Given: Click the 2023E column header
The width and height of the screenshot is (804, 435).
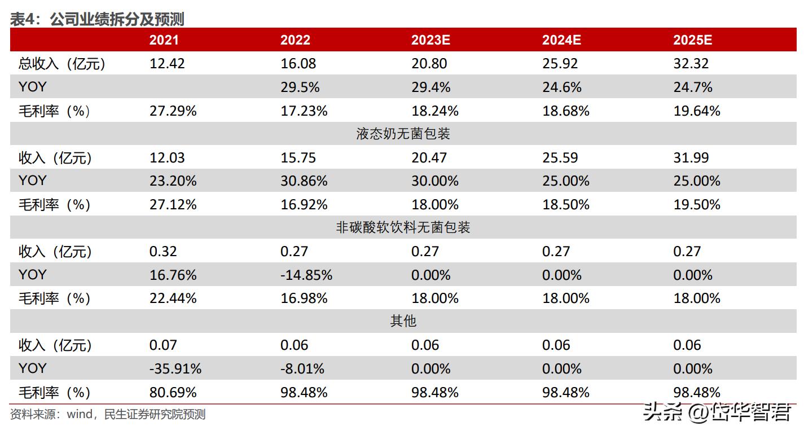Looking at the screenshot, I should (x=430, y=39).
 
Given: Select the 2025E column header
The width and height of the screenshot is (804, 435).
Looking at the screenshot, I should (x=692, y=39).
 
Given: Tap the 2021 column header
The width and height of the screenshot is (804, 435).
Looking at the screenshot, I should (x=164, y=39).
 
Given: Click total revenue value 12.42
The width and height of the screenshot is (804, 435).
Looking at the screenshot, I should (x=167, y=64).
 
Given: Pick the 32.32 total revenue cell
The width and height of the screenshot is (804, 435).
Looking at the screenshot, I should (x=691, y=64).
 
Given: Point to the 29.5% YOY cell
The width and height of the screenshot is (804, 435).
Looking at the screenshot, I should (x=300, y=87).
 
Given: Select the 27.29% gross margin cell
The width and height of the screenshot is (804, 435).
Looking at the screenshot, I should (x=173, y=111).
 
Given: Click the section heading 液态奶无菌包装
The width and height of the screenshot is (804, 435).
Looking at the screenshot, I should (x=403, y=134).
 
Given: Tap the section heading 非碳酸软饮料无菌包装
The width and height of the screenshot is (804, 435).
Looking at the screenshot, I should (x=403, y=227).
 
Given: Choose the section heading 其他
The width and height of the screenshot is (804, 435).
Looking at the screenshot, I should (x=403, y=321).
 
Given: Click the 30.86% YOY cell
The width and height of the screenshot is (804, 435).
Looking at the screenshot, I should (x=304, y=181).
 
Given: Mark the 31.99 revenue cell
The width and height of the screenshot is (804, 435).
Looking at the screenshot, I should (x=691, y=158).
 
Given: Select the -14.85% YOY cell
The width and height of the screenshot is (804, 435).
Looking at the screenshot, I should (x=306, y=275).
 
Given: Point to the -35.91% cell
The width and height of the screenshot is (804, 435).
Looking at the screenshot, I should (x=175, y=368).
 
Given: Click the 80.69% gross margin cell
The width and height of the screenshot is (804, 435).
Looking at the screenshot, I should (x=173, y=392).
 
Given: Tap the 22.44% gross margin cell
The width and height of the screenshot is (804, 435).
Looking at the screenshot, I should (x=173, y=298).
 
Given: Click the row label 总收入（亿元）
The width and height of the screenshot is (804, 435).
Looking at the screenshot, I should (x=62, y=64).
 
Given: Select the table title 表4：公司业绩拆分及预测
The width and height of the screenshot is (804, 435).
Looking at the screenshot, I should (x=97, y=19).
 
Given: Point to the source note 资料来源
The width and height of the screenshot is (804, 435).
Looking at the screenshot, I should (x=108, y=415).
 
